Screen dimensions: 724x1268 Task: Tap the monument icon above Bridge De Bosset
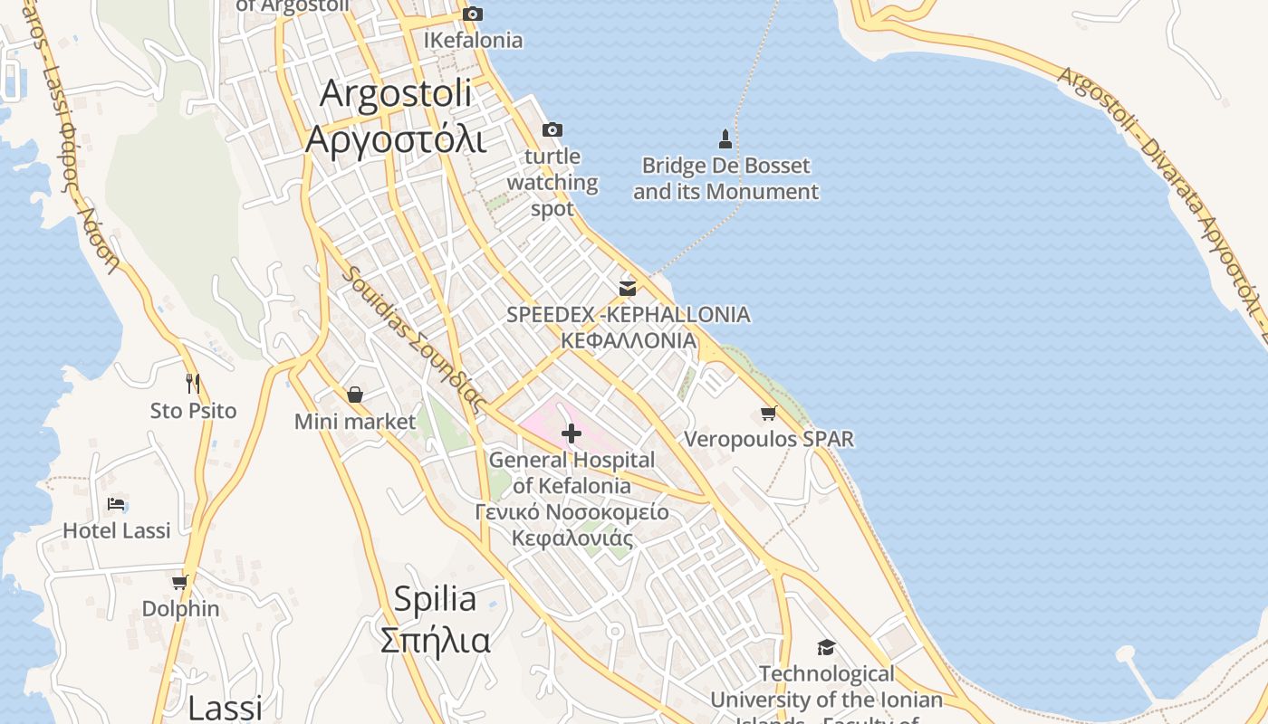(725, 138)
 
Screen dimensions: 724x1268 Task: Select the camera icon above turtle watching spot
(552, 130)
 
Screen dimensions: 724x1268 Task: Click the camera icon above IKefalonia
(473, 14)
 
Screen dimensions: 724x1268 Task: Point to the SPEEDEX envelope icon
(628, 289)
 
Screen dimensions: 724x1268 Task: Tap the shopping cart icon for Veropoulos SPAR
(769, 414)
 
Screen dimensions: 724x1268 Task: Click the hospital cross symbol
(572, 433)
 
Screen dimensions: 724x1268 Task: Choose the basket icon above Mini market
(355, 395)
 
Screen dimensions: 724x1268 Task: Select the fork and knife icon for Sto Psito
(193, 384)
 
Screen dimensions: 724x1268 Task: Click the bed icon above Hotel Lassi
(116, 504)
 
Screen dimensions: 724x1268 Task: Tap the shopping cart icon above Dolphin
(180, 582)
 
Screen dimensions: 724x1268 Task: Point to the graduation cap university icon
(826, 647)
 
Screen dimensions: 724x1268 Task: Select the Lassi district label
(225, 707)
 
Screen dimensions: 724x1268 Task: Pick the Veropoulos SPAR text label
(769, 440)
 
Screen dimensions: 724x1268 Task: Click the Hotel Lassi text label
(116, 530)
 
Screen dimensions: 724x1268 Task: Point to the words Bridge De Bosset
(725, 167)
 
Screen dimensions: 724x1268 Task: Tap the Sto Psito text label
(193, 411)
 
